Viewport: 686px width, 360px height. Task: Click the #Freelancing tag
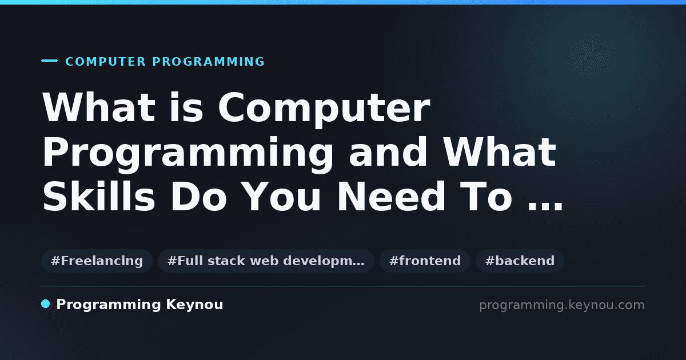point(97,261)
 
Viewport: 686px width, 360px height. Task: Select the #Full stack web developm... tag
point(266,261)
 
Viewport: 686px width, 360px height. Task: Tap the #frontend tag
point(425,261)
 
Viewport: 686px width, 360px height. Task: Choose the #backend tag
point(520,261)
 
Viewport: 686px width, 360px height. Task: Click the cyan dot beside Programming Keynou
point(46,304)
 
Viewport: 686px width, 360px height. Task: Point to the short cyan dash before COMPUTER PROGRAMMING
point(49,61)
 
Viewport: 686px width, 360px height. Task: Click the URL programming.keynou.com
point(562,305)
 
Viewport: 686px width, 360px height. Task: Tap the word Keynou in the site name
point(194,305)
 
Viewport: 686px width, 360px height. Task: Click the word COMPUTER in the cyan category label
point(105,62)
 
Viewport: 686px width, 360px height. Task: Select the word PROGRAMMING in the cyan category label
point(208,62)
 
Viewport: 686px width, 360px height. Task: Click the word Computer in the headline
point(324,108)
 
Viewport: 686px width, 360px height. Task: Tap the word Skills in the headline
point(98,196)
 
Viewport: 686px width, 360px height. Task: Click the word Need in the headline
point(391,197)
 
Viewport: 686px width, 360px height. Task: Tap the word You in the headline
point(282,197)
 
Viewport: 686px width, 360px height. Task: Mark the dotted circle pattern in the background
point(591,57)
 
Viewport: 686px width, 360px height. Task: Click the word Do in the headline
point(198,197)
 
